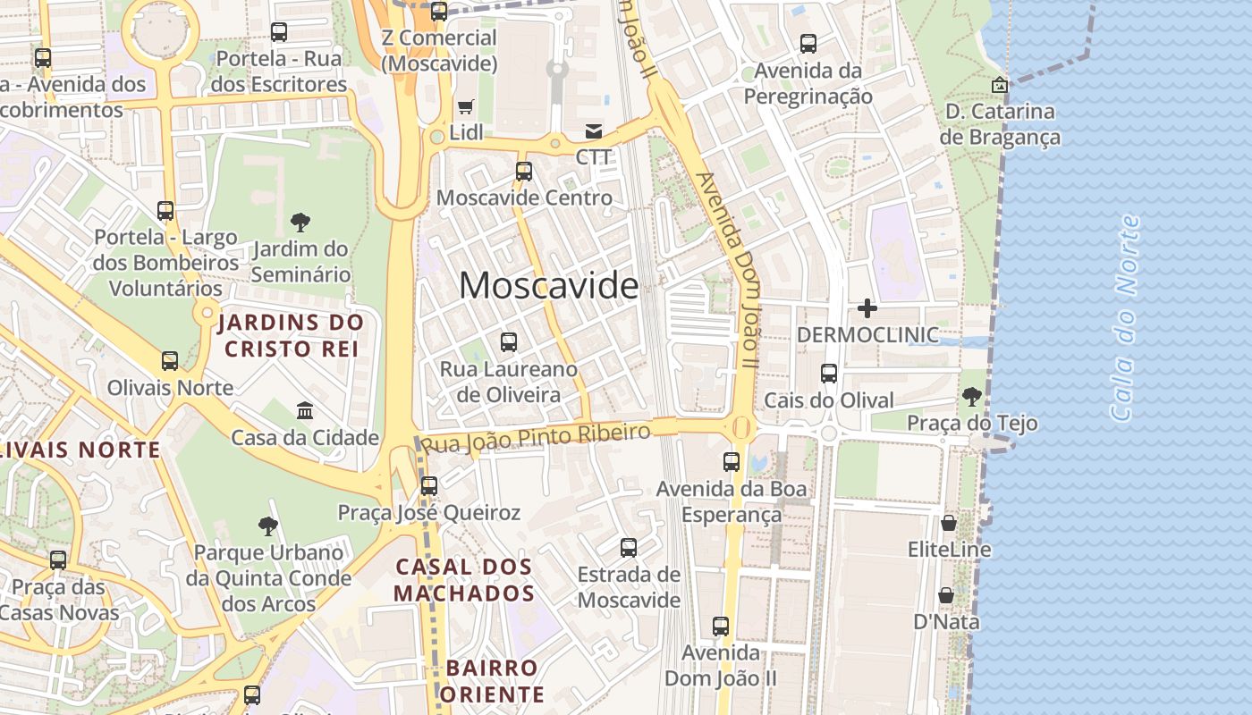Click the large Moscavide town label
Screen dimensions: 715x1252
pyautogui.click(x=549, y=286)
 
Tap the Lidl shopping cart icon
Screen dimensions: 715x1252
pyautogui.click(x=465, y=107)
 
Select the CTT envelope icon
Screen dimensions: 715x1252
pyautogui.click(x=593, y=131)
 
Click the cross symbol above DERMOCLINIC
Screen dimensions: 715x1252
pyautogui.click(x=867, y=309)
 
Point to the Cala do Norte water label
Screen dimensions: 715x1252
pyautogui.click(x=1125, y=317)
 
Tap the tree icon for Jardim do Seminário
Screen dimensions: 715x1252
pyautogui.click(x=300, y=223)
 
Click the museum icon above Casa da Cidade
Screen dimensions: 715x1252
pyautogui.click(x=305, y=411)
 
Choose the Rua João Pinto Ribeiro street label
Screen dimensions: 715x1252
pyautogui.click(x=536, y=438)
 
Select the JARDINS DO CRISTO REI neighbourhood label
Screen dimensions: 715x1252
pyautogui.click(x=292, y=335)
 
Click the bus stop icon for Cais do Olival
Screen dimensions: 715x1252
pyautogui.click(x=829, y=374)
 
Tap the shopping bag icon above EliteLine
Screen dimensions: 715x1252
pyautogui.click(x=949, y=523)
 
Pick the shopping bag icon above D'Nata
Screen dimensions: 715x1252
pyautogui.click(x=945, y=595)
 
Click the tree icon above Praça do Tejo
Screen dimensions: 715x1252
pyautogui.click(x=972, y=396)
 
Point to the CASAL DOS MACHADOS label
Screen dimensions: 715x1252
pyautogui.click(x=464, y=580)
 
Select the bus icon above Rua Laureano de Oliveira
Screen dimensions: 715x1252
pyautogui.click(x=509, y=341)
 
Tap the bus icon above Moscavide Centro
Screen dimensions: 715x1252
pyautogui.click(x=524, y=171)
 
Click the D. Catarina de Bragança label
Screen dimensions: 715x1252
pyautogui.click(x=1000, y=124)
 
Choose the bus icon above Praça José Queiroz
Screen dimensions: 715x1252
pyautogui.click(x=429, y=486)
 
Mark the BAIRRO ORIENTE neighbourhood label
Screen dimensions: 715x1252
pyautogui.click(x=493, y=681)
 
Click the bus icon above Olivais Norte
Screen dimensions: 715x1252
pyautogui.click(x=170, y=361)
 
